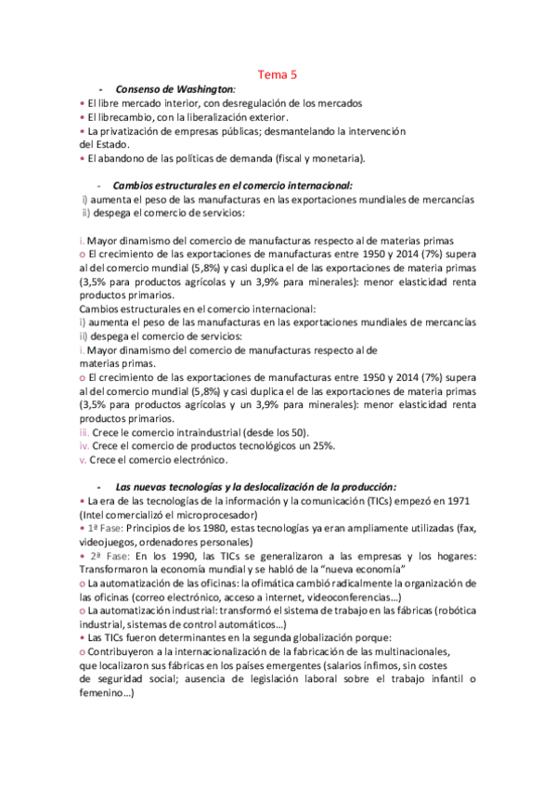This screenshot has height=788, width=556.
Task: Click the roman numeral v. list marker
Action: (x=83, y=459)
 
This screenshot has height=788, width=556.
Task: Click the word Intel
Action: (x=96, y=515)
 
